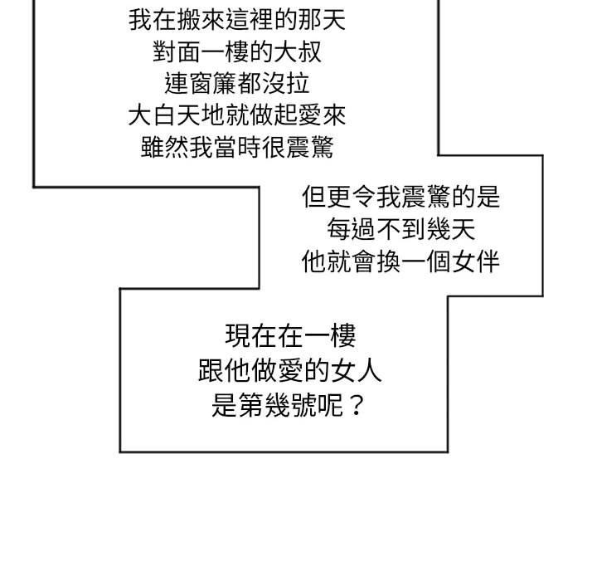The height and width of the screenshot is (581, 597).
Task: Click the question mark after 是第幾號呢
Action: point(356,406)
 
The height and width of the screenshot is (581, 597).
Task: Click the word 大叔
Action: point(298,51)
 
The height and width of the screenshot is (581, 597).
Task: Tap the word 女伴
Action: point(476,262)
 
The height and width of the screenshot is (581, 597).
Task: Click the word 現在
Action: point(251,336)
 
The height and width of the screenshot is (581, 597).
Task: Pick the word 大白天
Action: point(164,115)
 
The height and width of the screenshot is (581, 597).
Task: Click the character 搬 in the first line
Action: point(189,20)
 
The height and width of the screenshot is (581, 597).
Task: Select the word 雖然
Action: point(164,147)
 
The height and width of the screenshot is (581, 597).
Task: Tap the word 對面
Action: point(177,51)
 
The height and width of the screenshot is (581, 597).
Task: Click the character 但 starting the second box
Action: point(314,197)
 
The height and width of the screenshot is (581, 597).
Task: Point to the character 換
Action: point(389,262)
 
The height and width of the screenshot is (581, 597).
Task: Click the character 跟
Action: point(211,371)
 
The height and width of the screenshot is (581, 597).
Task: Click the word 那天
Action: point(322,20)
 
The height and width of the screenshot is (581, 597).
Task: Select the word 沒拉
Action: point(285,84)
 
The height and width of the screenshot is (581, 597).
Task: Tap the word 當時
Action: point(237,147)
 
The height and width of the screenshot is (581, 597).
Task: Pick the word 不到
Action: point(401,230)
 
